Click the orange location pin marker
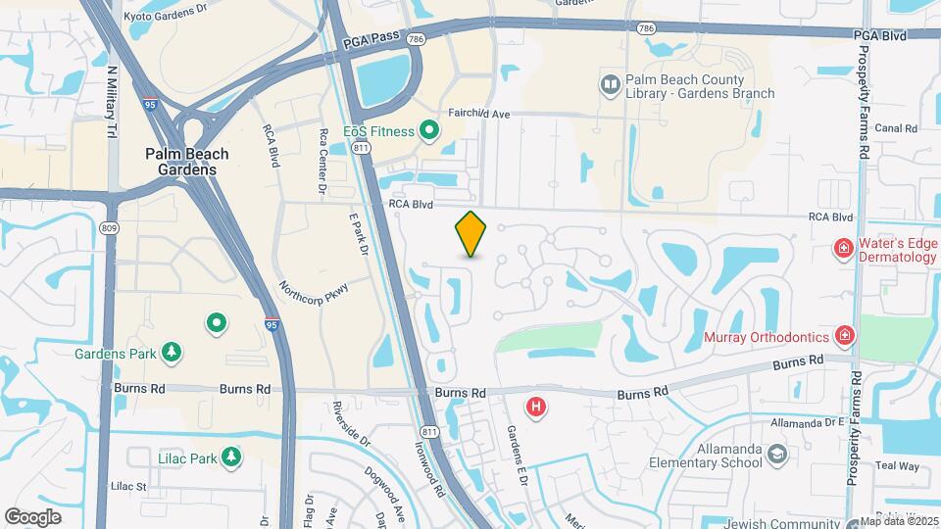(x=471, y=234)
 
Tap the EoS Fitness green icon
(x=429, y=129)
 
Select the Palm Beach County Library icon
(x=611, y=86)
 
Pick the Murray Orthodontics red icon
(x=844, y=337)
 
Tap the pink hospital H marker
(x=536, y=407)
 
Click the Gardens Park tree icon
(x=173, y=352)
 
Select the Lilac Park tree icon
(x=231, y=457)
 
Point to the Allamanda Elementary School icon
(x=776, y=455)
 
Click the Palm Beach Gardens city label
(x=186, y=162)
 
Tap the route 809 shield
(x=108, y=228)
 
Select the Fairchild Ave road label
(x=479, y=115)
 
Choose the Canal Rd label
(x=895, y=128)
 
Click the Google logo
(x=32, y=516)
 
